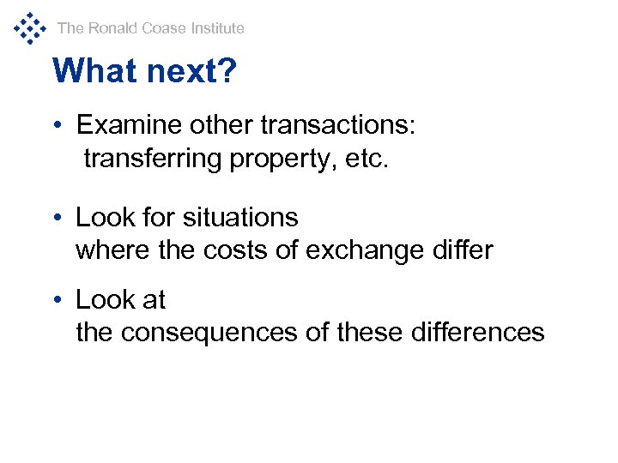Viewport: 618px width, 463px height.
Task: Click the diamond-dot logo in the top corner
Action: pyautogui.click(x=29, y=27)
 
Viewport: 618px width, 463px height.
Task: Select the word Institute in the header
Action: pyautogui.click(x=217, y=28)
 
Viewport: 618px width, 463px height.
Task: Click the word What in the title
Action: pyautogui.click(x=90, y=71)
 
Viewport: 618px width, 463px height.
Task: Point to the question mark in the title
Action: pyautogui.click(x=227, y=71)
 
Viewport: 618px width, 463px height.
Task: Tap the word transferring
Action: pyautogui.click(x=154, y=159)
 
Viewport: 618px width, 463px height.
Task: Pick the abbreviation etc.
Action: pyautogui.click(x=367, y=159)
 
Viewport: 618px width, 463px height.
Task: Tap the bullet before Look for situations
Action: pyautogui.click(x=56, y=218)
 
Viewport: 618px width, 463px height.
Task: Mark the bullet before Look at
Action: pyautogui.click(x=56, y=300)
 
